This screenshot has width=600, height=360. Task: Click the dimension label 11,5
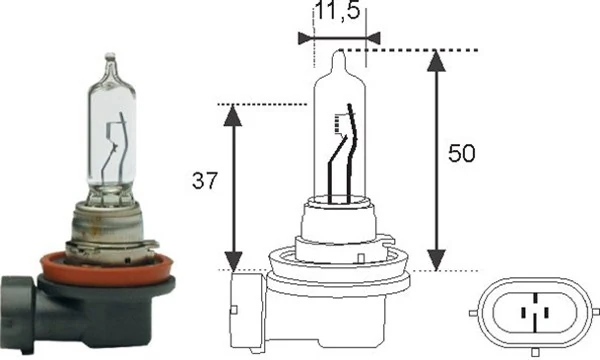pyautogui.click(x=338, y=15)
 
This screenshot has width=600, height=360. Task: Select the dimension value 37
pyautogui.click(x=203, y=181)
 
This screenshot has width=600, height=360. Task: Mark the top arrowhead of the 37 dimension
pyautogui.click(x=233, y=113)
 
